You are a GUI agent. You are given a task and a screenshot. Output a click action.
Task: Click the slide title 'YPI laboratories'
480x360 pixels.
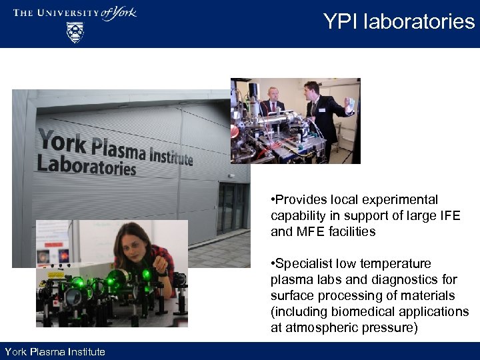click(x=399, y=21)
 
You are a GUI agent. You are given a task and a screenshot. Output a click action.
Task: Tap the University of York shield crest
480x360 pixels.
click(x=75, y=32)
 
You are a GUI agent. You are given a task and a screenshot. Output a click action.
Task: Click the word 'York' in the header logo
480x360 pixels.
click(x=121, y=13)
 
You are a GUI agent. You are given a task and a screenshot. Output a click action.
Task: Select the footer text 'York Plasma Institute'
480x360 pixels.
click(x=55, y=351)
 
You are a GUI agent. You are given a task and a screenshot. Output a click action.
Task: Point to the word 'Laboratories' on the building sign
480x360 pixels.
click(x=86, y=164)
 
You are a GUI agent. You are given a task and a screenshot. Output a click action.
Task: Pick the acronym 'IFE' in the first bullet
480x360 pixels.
click(x=447, y=216)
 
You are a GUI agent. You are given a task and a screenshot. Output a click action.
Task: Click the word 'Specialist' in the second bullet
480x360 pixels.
click(x=306, y=264)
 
